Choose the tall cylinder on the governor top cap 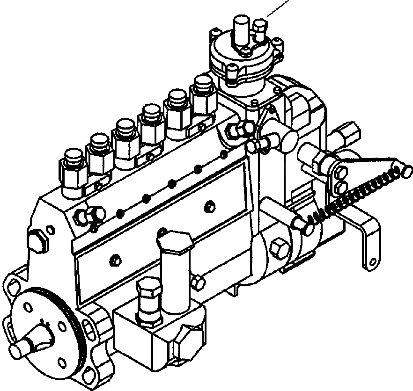point(241,28)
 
